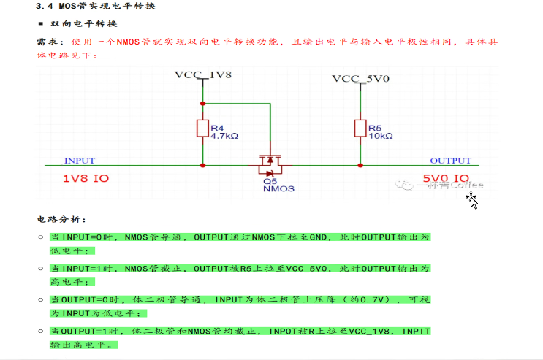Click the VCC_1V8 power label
(202, 75)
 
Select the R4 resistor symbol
(203, 129)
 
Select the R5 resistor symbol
(359, 129)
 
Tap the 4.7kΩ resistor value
(225, 136)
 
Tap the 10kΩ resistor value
(381, 136)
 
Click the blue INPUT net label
(80, 161)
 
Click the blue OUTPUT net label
(450, 161)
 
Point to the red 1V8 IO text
(87, 178)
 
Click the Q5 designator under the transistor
(270, 180)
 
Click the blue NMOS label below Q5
(278, 188)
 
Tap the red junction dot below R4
(203, 166)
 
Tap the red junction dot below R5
(359, 166)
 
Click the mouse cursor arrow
(472, 200)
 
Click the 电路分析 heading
(61, 218)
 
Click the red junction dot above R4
(203, 103)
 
